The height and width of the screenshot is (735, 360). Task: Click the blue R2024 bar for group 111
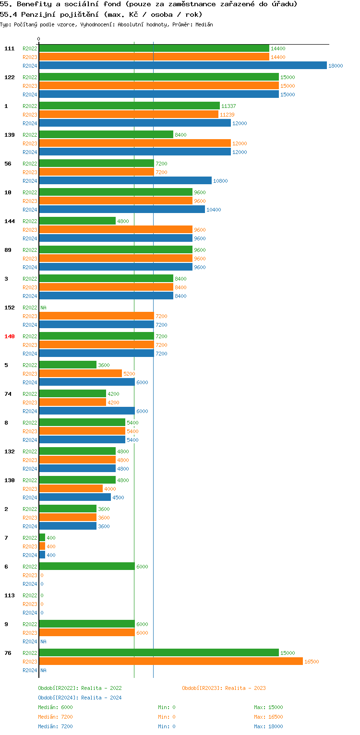pyautogui.click(x=182, y=66)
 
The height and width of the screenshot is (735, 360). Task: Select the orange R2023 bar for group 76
pyautogui.click(x=170, y=662)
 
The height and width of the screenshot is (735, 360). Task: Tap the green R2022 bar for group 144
pyautogui.click(x=77, y=221)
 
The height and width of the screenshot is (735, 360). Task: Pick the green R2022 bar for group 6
pyautogui.click(x=86, y=567)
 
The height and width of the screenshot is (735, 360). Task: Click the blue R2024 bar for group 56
pyautogui.click(x=125, y=181)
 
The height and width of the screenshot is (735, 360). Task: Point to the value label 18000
pyautogui.click(x=336, y=66)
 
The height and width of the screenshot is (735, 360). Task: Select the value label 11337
pyautogui.click(x=228, y=106)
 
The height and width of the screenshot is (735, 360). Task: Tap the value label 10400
pyautogui.click(x=214, y=210)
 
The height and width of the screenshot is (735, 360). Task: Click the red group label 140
pyautogui.click(x=10, y=336)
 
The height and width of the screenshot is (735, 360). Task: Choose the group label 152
pyautogui.click(x=10, y=308)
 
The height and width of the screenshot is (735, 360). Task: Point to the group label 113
pyautogui.click(x=10, y=595)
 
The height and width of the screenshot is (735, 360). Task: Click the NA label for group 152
pyautogui.click(x=43, y=308)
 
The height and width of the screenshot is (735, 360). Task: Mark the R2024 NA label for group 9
pyautogui.click(x=43, y=641)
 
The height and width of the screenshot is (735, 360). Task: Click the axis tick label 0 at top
pyautogui.click(x=39, y=39)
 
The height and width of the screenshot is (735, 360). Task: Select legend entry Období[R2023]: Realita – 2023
pyautogui.click(x=224, y=688)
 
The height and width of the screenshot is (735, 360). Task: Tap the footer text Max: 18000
pyautogui.click(x=268, y=726)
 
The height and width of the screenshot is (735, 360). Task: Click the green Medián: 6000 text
pyautogui.click(x=55, y=707)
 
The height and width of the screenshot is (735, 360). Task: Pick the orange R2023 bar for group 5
pyautogui.click(x=80, y=374)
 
